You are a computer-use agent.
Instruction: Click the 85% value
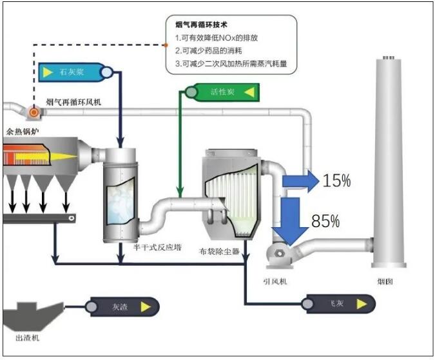coord(325,222)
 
